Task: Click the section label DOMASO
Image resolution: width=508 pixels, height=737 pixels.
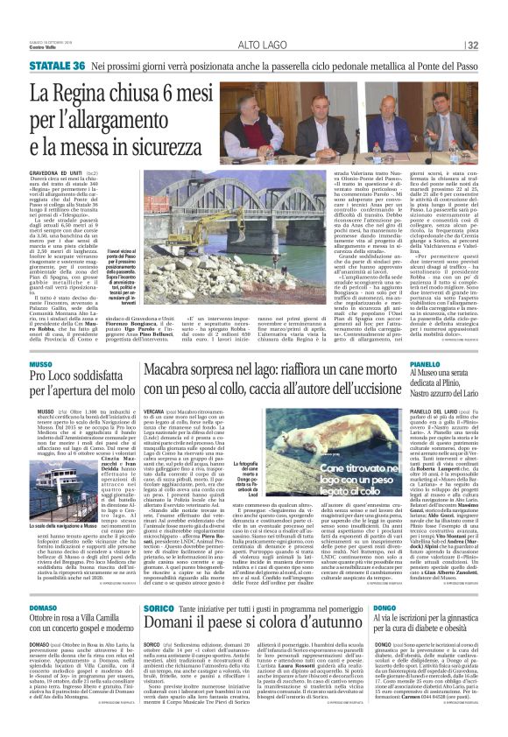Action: (x=43, y=604)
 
